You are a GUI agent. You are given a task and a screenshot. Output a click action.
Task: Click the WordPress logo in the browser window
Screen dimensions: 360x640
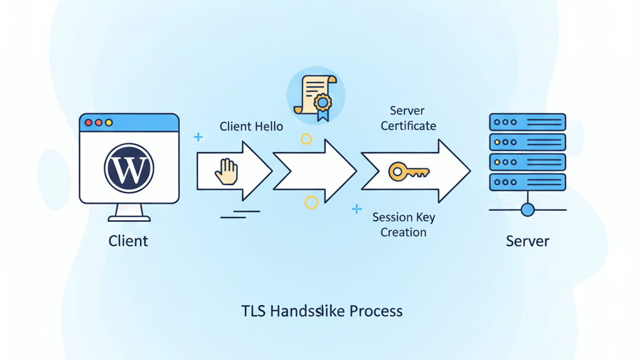tap(129, 167)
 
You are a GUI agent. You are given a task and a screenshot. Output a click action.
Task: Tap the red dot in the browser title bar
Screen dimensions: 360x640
tap(89, 123)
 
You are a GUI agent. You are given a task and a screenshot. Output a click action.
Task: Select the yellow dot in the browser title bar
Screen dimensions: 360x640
tap(109, 123)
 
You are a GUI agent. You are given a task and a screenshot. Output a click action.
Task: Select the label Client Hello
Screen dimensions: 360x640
tap(251, 127)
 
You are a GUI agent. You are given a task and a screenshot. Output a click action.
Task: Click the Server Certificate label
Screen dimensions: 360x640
tap(408, 118)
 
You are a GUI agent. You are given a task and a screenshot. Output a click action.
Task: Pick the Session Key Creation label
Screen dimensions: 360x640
tap(404, 225)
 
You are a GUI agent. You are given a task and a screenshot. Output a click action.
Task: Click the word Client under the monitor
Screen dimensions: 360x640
tap(128, 241)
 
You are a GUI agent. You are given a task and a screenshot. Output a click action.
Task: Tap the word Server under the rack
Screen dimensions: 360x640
tap(527, 241)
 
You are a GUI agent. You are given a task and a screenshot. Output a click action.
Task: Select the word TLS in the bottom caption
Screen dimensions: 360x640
tap(254, 311)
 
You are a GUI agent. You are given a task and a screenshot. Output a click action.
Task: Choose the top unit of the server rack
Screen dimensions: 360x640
tap(527, 122)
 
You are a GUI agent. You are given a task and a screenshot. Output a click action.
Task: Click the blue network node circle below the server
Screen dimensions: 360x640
tap(527, 209)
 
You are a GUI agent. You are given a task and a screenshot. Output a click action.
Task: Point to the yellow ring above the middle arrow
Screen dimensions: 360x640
tap(306, 139)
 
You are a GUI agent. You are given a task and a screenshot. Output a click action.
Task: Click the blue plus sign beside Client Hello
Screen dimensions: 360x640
tap(198, 137)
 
